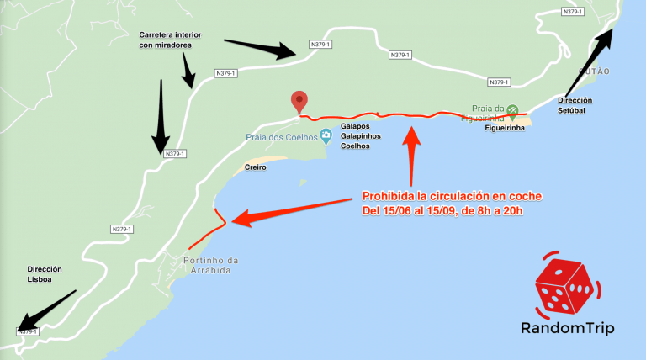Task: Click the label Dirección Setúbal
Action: pos(575,105)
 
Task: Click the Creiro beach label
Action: pos(256,167)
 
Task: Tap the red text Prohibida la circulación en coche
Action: pos(452,196)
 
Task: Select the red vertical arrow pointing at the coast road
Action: pos(411,155)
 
